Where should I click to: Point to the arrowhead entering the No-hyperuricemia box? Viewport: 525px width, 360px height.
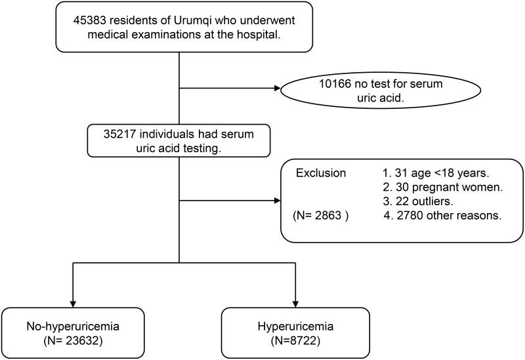tap(72, 302)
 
